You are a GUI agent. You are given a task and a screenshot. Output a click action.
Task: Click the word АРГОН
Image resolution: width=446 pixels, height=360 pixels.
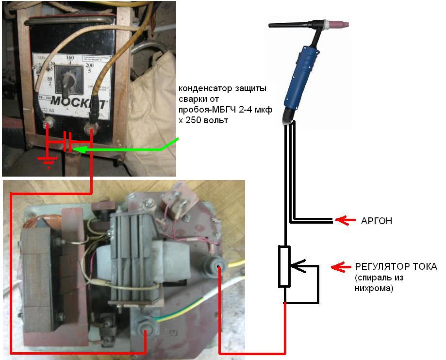tap(376, 221)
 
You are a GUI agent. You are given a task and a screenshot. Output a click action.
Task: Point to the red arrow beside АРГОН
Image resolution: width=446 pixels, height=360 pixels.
tap(345, 221)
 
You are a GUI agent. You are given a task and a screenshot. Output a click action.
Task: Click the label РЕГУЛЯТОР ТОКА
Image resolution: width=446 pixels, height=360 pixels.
tap(396, 267)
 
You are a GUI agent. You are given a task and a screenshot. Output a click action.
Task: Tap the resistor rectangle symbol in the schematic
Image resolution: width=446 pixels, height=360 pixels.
tap(284, 266)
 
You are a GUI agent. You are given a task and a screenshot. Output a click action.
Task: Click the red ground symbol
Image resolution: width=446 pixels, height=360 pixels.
tap(48, 162)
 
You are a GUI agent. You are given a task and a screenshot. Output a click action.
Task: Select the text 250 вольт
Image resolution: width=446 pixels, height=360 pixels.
tap(207, 120)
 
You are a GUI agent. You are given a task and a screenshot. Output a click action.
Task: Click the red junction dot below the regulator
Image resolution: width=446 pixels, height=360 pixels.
tap(284, 303)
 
